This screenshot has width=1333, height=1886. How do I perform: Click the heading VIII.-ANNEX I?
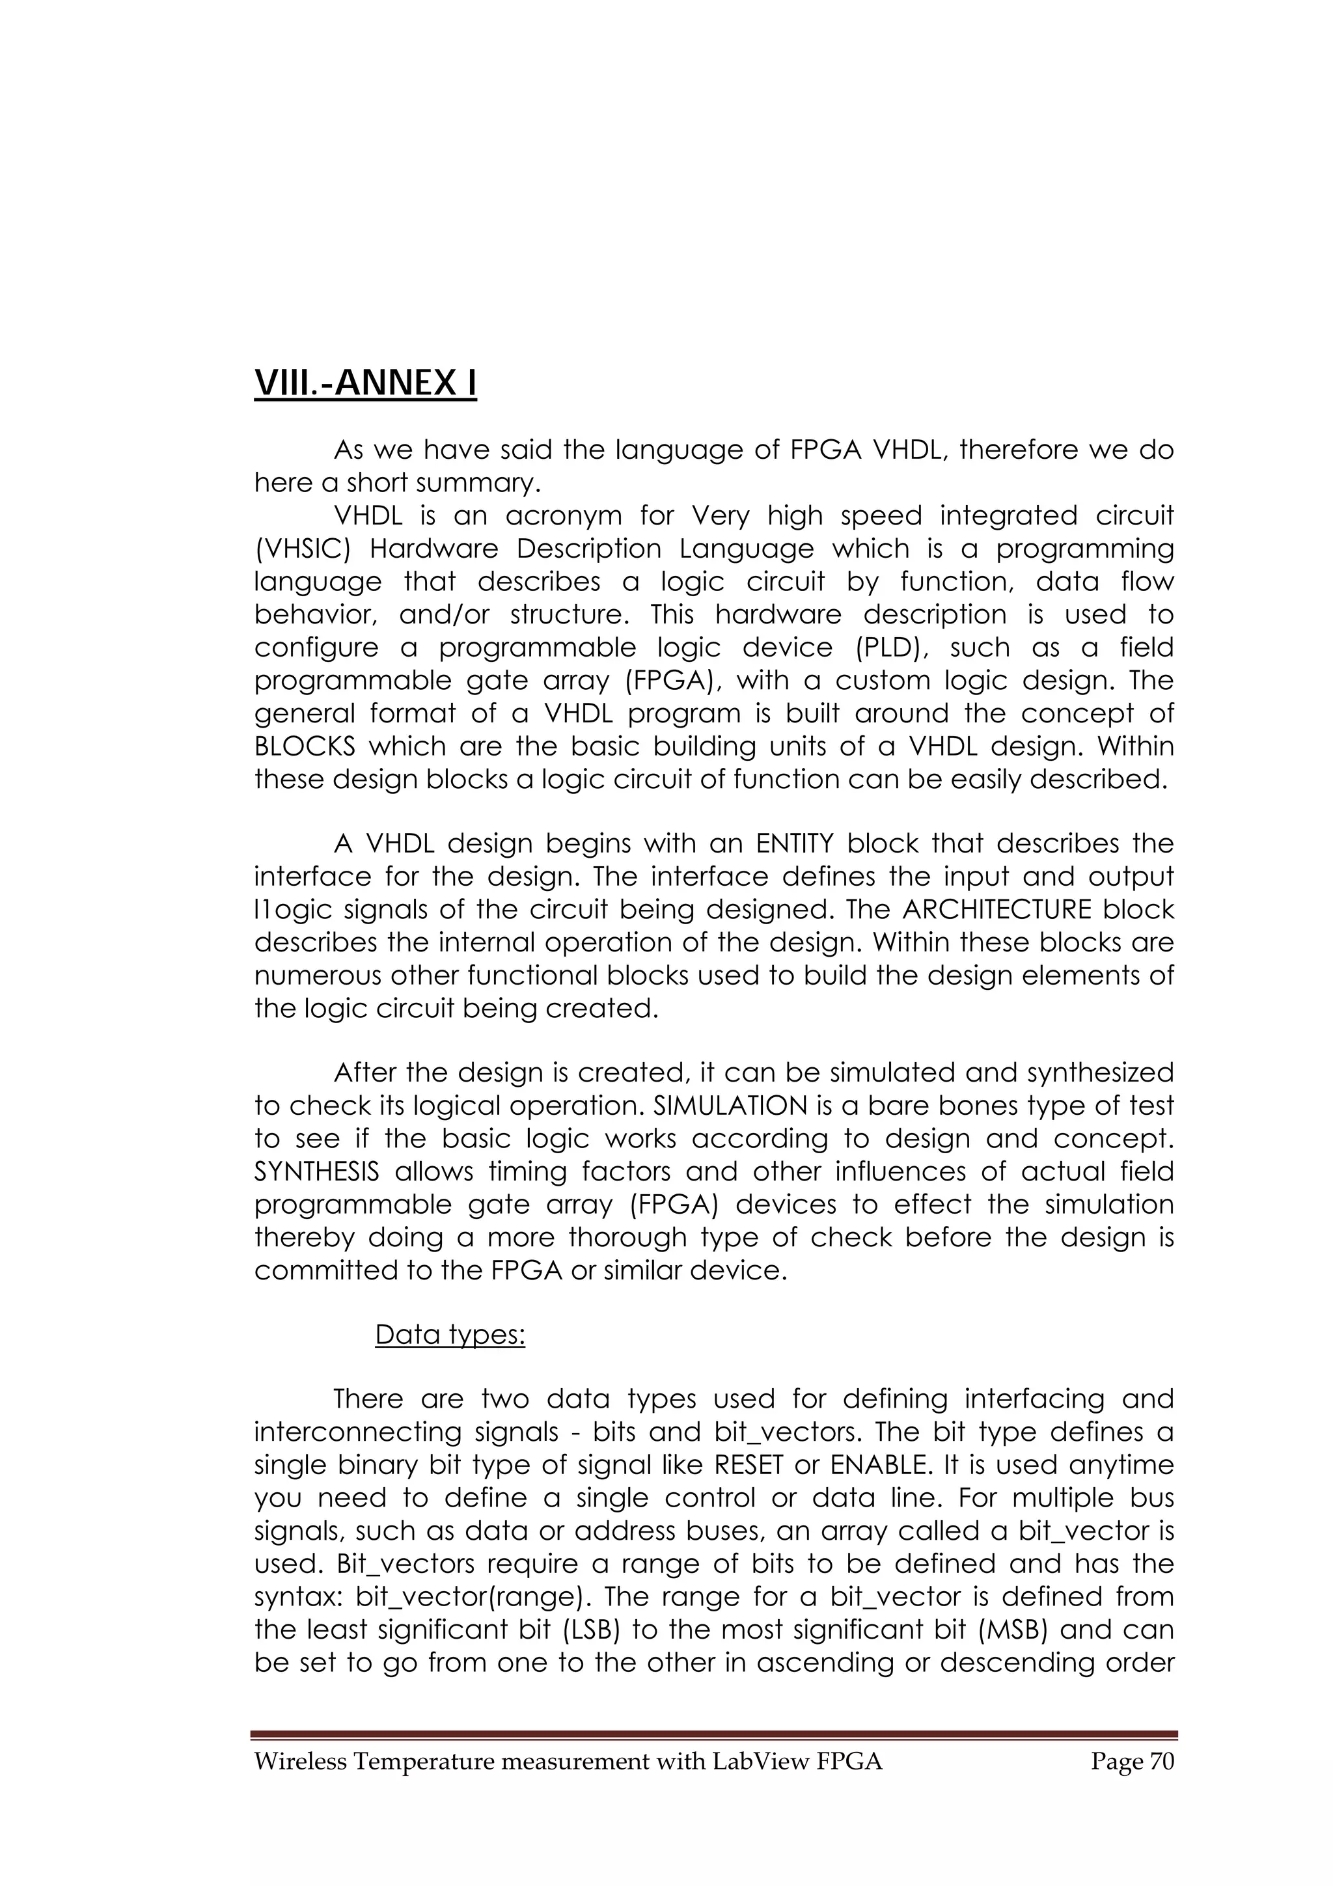point(366,383)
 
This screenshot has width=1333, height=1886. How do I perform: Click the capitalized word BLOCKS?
point(305,746)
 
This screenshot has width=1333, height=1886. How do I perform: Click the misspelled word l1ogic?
point(288,910)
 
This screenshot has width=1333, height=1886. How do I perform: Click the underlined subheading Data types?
point(450,1335)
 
